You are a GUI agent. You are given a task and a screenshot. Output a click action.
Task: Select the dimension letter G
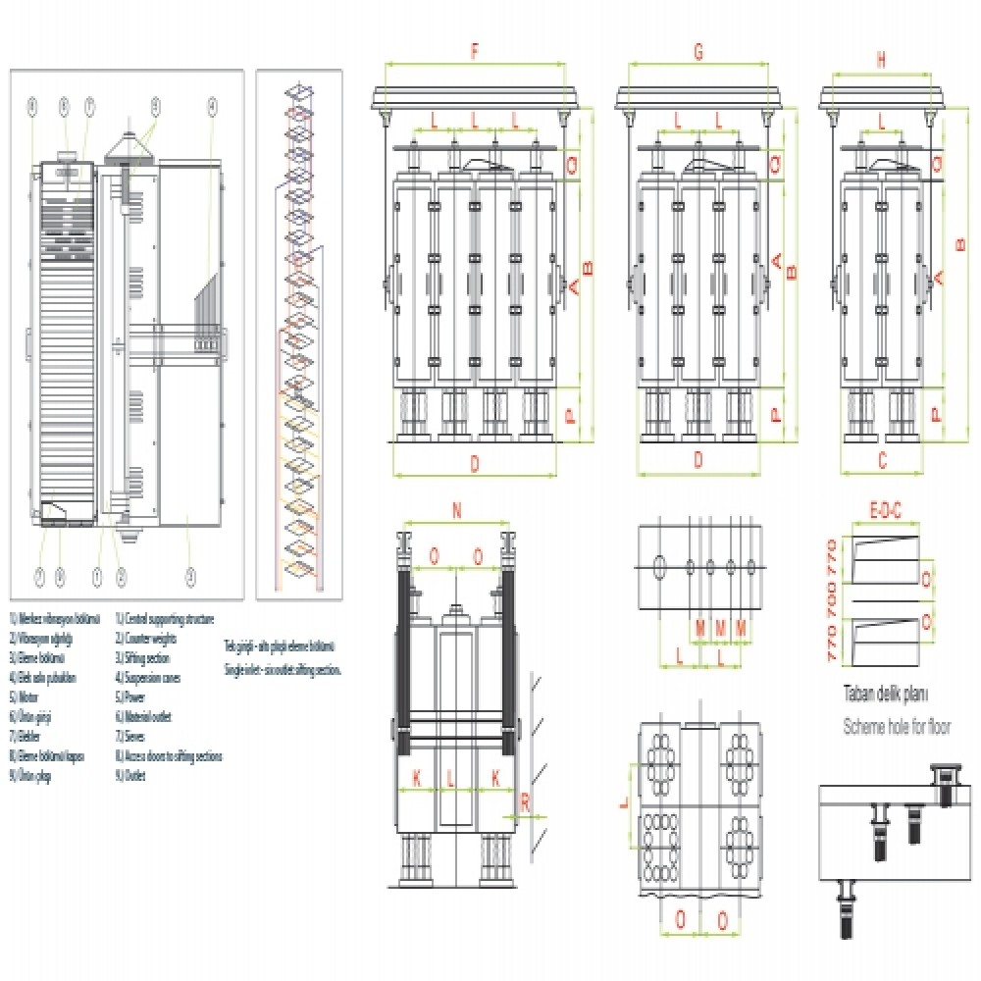coord(697,54)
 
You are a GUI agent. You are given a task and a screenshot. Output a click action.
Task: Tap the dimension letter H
coord(881,59)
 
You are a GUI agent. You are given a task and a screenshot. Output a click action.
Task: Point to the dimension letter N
coord(456,510)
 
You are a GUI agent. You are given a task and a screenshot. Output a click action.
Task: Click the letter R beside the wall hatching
coord(525,801)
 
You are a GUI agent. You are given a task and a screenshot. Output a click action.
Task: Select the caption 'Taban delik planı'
coord(886,694)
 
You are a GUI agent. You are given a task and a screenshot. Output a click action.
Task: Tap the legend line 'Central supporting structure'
coord(165,620)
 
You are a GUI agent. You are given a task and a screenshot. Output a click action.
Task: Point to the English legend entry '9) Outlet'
coord(132,776)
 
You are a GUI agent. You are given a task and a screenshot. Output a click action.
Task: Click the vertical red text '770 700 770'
coord(834,598)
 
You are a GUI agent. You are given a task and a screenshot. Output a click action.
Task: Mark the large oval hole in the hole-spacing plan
coord(659,565)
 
